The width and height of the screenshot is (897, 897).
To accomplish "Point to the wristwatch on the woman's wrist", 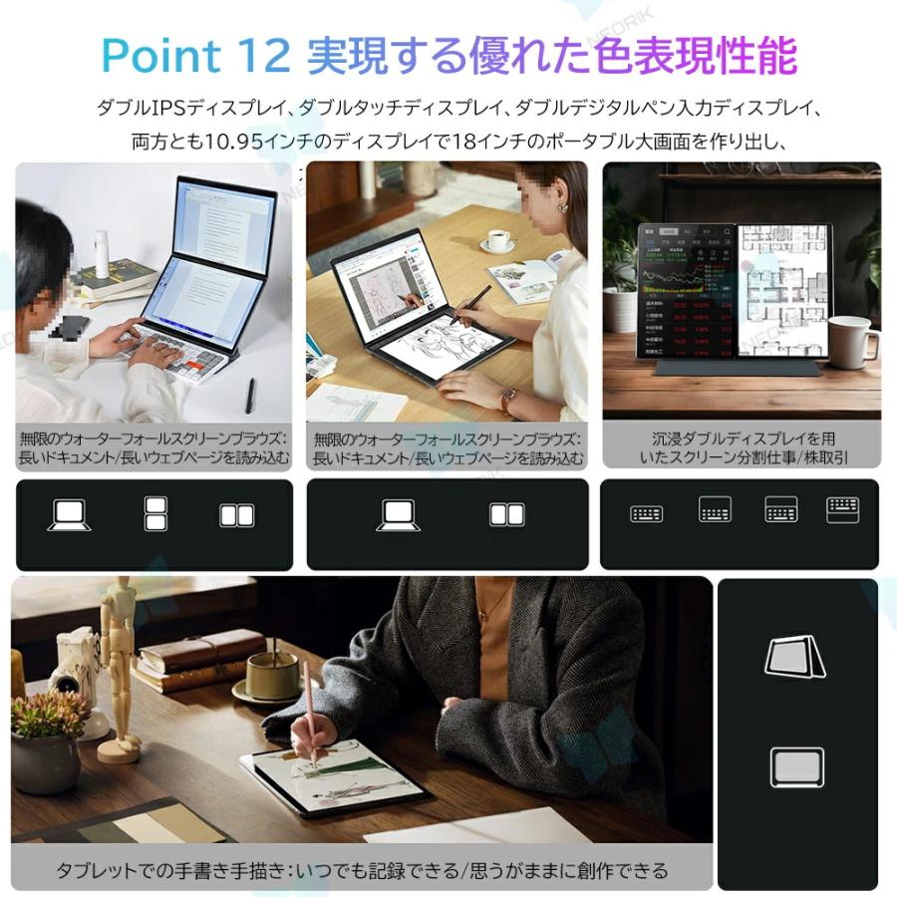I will point(508,398).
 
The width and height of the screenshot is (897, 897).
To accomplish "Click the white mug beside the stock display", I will point(853,341).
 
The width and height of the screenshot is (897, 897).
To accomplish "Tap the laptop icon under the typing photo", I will point(71,514).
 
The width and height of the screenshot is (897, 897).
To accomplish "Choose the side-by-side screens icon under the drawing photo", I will point(507,514).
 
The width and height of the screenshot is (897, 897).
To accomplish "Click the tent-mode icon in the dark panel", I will point(795,658).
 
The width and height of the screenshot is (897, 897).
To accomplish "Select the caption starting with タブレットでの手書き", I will point(361,870).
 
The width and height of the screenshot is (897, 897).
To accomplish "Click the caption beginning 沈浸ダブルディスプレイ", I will point(744,448).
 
